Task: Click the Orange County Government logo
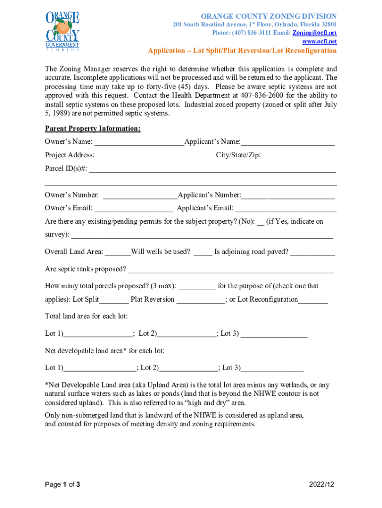tap(63, 31)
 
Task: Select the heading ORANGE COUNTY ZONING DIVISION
tap(268, 16)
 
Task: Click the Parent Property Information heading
tap(93, 129)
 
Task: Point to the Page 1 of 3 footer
tap(63, 484)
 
